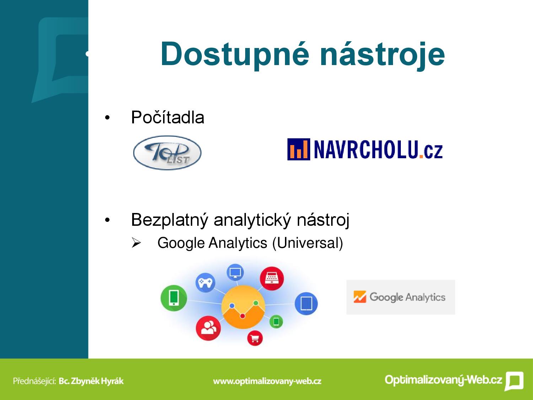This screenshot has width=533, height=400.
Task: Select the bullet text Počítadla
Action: [x=168, y=118]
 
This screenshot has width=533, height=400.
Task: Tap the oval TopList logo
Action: [x=167, y=153]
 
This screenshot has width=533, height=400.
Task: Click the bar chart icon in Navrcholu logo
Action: [x=299, y=149]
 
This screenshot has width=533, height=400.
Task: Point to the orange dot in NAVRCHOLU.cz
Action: [x=421, y=157]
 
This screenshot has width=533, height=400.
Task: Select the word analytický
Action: [x=252, y=220]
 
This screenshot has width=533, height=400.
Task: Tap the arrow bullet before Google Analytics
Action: [x=136, y=243]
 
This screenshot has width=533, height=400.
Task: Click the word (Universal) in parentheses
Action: [x=308, y=243]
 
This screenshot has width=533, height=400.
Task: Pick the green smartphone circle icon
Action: [x=174, y=298]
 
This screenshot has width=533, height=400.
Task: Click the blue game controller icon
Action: [x=205, y=282]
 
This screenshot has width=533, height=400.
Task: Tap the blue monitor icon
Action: [x=235, y=272]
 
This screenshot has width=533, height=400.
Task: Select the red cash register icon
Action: [x=272, y=278]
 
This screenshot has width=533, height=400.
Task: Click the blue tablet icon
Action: [x=306, y=304]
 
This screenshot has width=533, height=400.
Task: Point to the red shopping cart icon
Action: [x=255, y=338]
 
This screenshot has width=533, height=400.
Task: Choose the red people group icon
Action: [x=208, y=328]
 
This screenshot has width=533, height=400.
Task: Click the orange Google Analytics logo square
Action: [x=360, y=297]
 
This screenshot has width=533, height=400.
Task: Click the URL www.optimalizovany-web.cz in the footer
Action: [x=267, y=381]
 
